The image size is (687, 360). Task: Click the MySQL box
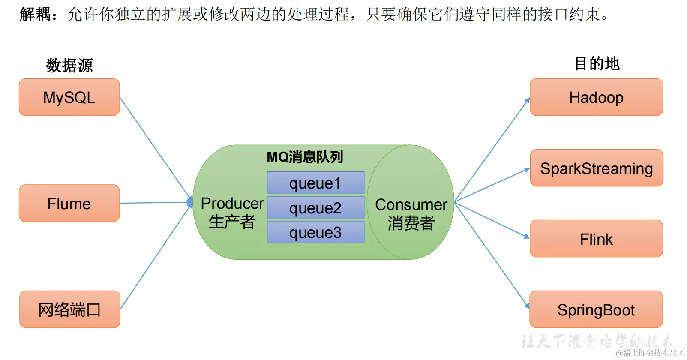(69, 97)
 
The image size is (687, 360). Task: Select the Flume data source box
(69, 203)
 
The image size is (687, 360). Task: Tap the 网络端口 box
(69, 309)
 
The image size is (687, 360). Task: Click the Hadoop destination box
(596, 97)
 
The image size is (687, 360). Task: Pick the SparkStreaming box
(596, 168)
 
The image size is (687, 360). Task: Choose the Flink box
(596, 239)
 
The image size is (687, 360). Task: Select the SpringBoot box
(596, 309)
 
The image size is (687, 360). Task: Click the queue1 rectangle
(315, 183)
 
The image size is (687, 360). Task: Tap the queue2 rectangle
(315, 208)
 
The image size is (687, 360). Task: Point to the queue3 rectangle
(315, 232)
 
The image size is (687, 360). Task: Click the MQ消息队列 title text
(305, 157)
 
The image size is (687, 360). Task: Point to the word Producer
(232, 203)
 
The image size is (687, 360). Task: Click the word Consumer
(411, 204)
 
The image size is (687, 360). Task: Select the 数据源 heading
(69, 65)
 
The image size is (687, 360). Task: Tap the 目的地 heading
(597, 63)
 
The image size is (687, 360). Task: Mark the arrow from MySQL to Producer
(155, 148)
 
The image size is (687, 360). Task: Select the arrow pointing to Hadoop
(492, 150)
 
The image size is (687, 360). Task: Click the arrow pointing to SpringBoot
(492, 255)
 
